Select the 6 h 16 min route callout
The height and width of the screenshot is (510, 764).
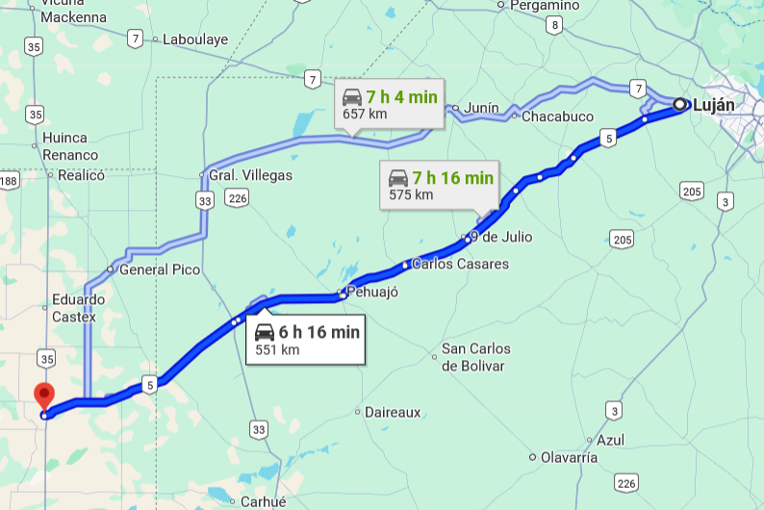coord(306,340)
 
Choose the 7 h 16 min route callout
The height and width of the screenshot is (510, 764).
coord(440,185)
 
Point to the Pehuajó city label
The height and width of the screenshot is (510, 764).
coord(372,292)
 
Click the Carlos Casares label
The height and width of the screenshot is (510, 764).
coord(460,264)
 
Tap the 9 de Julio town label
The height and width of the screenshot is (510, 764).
coord(500,237)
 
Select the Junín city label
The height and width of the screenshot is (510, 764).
coord(482,108)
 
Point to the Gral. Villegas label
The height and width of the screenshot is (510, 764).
coord(251,176)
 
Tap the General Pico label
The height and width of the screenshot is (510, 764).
coord(160,269)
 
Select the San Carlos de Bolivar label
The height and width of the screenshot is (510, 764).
coord(475,357)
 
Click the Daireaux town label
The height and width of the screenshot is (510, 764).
coord(393,412)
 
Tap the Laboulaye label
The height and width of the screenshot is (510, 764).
coord(195,39)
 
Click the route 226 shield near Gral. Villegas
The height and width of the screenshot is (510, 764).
coord(238,198)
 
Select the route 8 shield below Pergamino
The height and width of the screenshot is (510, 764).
coord(553,26)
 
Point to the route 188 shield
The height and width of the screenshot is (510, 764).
coord(9,181)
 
